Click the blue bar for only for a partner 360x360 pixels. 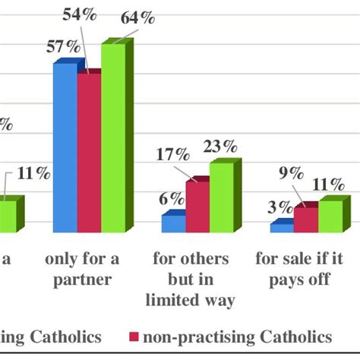click(65, 148)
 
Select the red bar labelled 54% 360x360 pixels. click(88, 152)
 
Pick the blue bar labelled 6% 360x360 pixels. click(172, 224)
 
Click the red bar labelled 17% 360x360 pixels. click(197, 207)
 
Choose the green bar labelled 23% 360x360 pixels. click(221, 197)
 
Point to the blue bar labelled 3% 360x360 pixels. click(282, 227)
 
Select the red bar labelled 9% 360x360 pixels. click(306, 219)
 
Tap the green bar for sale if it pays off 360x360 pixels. click(330, 216)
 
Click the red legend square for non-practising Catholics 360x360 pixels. click(134, 336)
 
